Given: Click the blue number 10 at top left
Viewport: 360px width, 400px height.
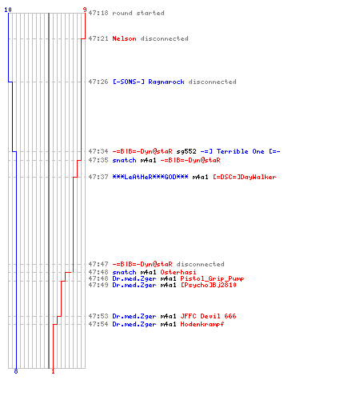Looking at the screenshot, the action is [x=8, y=10].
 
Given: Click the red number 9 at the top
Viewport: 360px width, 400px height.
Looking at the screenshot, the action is [x=85, y=10].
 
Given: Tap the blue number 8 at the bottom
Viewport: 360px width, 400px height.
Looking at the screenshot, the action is [x=16, y=371].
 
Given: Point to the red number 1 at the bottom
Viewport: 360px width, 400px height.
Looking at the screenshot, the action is [x=53, y=371].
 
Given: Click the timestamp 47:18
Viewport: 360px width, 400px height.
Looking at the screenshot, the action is [x=98, y=13].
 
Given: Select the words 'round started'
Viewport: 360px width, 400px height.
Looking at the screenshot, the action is [x=138, y=13].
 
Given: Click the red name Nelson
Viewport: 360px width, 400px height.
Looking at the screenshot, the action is [x=124, y=38].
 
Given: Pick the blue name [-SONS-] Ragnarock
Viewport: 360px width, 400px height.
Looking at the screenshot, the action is [x=148, y=82].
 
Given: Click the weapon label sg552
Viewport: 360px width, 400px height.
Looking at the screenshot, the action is [x=186, y=151].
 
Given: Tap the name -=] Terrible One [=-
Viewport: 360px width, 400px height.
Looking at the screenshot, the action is [x=240, y=151].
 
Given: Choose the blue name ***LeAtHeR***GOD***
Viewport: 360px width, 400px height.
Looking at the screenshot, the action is [x=150, y=177].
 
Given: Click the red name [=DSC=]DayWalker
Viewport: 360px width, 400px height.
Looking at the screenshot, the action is [x=244, y=177].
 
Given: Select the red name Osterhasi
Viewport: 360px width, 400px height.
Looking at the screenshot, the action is [x=178, y=272].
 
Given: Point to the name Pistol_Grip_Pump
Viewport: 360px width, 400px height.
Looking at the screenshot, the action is [x=212, y=278].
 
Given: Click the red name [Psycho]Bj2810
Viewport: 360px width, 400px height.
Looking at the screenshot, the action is [x=208, y=285].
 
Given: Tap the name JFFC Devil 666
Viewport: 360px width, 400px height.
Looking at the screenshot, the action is [x=208, y=316].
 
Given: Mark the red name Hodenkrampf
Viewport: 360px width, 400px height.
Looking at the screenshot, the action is [x=202, y=324].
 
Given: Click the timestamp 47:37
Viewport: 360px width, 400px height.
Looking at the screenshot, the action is [x=98, y=177].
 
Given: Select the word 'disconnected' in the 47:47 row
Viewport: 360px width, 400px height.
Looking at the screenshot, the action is [x=200, y=264].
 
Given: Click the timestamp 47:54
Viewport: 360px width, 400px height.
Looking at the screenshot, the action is [x=98, y=324].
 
